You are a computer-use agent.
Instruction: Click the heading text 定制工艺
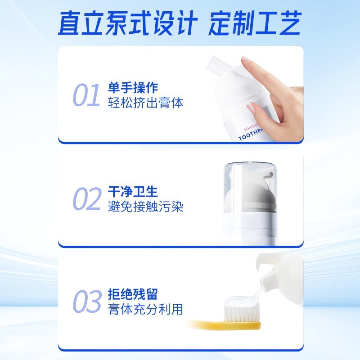(x=255, y=22)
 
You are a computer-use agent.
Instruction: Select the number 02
(x=86, y=199)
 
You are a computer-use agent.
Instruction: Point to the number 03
(x=86, y=302)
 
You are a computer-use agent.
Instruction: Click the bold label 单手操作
(x=133, y=87)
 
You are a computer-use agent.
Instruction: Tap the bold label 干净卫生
(x=133, y=192)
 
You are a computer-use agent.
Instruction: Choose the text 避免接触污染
(x=146, y=207)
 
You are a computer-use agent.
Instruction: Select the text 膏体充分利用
(x=146, y=310)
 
